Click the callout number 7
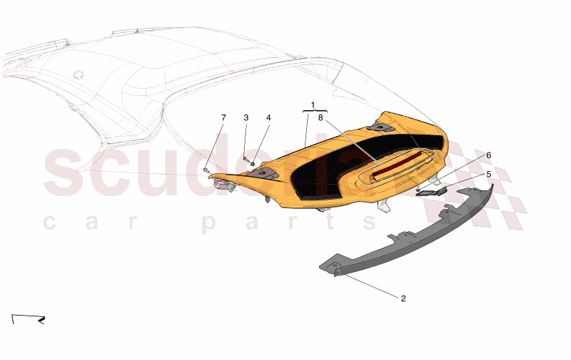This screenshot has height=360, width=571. pyautogui.click(x=223, y=117)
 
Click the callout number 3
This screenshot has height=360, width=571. pyautogui.click(x=245, y=117)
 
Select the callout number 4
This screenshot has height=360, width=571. pyautogui.click(x=268, y=117)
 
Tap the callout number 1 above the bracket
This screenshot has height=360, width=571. pyautogui.click(x=312, y=104)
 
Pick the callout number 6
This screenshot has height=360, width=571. pyautogui.click(x=489, y=155)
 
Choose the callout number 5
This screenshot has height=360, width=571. pyautogui.click(x=489, y=173)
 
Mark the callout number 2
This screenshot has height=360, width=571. pyautogui.click(x=403, y=298)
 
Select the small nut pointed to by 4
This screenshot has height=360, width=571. pyautogui.click(x=253, y=165)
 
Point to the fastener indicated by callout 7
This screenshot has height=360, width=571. pyautogui.click(x=206, y=170)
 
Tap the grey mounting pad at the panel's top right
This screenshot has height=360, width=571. pyautogui.click(x=381, y=127)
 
